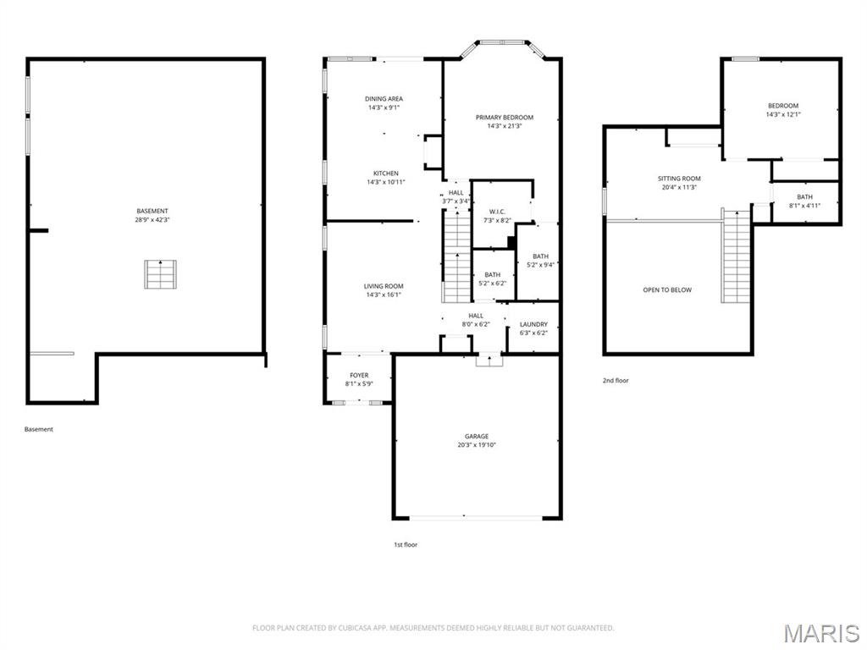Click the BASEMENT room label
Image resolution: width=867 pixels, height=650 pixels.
click(x=152, y=211)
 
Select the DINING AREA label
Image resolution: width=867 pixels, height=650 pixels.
click(x=384, y=99)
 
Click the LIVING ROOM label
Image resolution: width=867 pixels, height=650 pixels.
click(x=384, y=286)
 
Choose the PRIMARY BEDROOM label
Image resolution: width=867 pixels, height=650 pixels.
click(x=504, y=118)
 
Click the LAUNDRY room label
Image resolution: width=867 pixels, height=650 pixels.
click(x=533, y=324)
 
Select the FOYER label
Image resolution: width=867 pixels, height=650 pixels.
click(x=359, y=375)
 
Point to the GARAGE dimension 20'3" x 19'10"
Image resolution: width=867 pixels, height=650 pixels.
click(x=476, y=444)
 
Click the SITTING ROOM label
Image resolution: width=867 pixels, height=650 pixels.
click(x=679, y=179)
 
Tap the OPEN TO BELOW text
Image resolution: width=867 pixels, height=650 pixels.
click(x=666, y=289)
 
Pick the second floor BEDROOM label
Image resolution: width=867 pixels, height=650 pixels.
click(x=782, y=106)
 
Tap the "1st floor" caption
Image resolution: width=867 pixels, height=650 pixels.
click(x=405, y=544)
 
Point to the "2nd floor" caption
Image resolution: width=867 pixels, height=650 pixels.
click(x=616, y=381)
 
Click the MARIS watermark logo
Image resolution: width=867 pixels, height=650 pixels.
click(x=820, y=633)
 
